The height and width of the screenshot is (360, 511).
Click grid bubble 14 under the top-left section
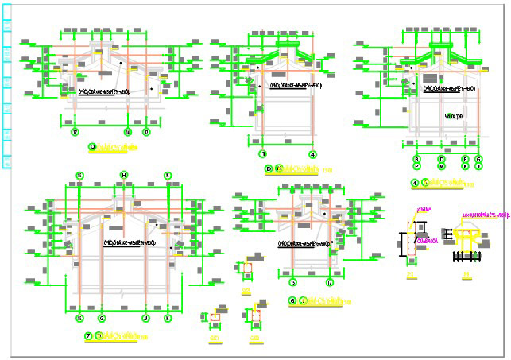point(127,131)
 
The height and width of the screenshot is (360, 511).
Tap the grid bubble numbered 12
point(146,131)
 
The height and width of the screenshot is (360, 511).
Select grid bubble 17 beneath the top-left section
point(75,131)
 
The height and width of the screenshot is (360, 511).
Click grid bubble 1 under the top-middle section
point(262,154)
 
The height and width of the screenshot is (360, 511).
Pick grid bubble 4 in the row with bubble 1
point(313,154)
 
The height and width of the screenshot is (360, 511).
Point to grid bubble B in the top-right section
point(416,160)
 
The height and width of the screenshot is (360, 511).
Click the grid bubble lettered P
point(416,167)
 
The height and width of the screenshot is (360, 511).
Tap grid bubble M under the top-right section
point(441,167)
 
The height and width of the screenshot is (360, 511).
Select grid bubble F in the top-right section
point(466,160)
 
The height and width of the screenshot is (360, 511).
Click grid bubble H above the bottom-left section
point(124,175)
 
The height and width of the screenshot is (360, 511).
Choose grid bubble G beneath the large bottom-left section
point(102,318)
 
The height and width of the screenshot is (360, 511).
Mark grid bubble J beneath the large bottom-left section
point(145,318)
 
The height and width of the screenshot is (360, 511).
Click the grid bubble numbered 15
point(292,283)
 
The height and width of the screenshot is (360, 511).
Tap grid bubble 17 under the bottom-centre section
point(330,283)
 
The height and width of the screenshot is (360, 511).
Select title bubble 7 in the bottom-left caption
point(88,336)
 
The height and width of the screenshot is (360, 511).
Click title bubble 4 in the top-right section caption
point(414,184)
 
